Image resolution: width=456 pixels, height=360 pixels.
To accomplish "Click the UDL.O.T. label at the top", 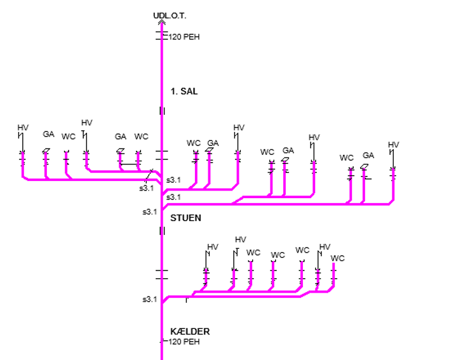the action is point(170,15).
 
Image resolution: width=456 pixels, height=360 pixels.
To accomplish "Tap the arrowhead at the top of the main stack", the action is point(162,22).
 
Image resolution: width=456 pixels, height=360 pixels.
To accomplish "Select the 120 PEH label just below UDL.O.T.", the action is point(184,37).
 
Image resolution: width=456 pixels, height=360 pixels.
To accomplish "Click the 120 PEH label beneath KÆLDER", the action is point(184,342).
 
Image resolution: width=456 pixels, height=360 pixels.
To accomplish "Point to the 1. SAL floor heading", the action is point(184,91).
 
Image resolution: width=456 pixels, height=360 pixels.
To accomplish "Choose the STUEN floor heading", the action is point(185,218).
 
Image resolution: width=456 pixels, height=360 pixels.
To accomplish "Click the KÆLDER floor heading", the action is point(190,331).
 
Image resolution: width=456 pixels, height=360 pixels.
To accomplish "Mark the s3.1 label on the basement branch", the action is point(149,299).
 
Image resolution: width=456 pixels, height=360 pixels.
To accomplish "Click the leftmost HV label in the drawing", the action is point(23,128).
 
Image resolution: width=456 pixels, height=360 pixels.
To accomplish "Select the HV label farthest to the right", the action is point(394,145).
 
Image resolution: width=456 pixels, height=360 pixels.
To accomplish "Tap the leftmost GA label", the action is point(48,134).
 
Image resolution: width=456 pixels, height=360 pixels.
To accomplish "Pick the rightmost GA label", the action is point(368,156).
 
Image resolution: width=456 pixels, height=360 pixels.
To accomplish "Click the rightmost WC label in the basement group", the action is point(338,258).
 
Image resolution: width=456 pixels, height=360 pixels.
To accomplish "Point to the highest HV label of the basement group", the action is point(241,239).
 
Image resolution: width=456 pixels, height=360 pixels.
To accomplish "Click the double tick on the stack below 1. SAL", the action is point(163,110).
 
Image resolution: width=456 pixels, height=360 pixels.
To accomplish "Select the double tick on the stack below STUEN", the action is point(163,231).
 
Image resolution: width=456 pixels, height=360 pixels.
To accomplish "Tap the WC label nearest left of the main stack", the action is point(142,137).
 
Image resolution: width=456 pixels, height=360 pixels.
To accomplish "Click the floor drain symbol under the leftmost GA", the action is point(46,150).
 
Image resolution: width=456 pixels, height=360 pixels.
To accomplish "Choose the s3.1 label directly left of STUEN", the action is point(149,212).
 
